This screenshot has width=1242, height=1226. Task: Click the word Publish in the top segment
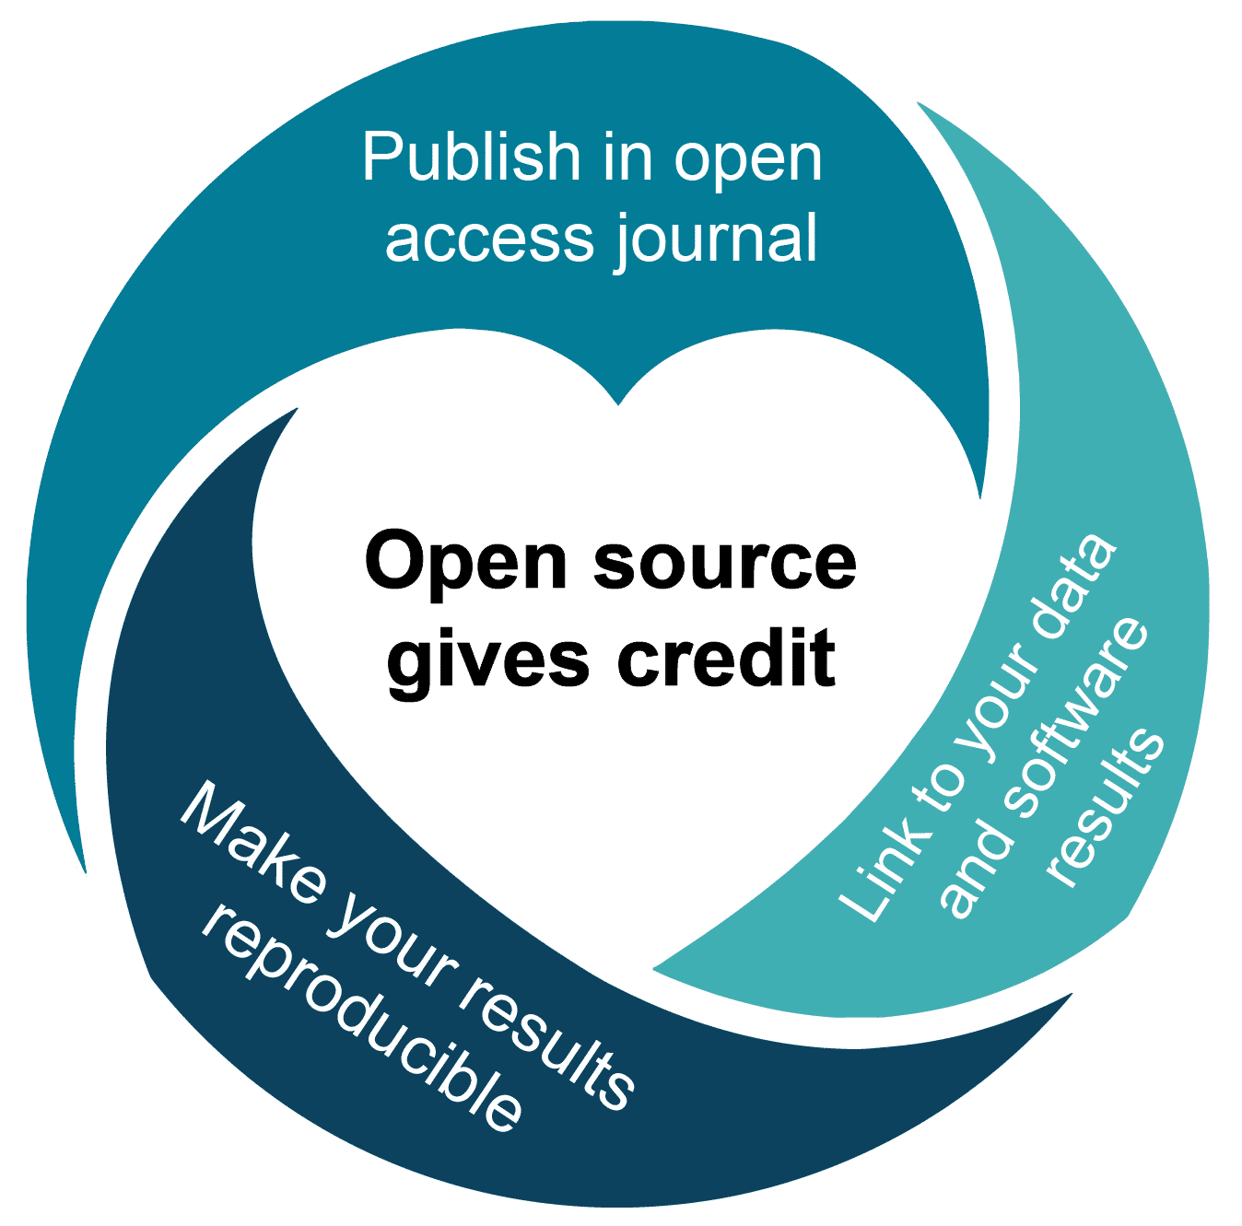[472, 156]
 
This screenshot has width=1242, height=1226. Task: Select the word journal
[716, 240]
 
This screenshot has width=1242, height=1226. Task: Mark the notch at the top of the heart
[618, 403]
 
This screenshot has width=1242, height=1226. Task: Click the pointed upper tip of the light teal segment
[918, 103]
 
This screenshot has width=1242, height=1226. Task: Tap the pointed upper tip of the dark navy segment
[297, 409]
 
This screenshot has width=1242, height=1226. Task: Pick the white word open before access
[747, 164]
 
